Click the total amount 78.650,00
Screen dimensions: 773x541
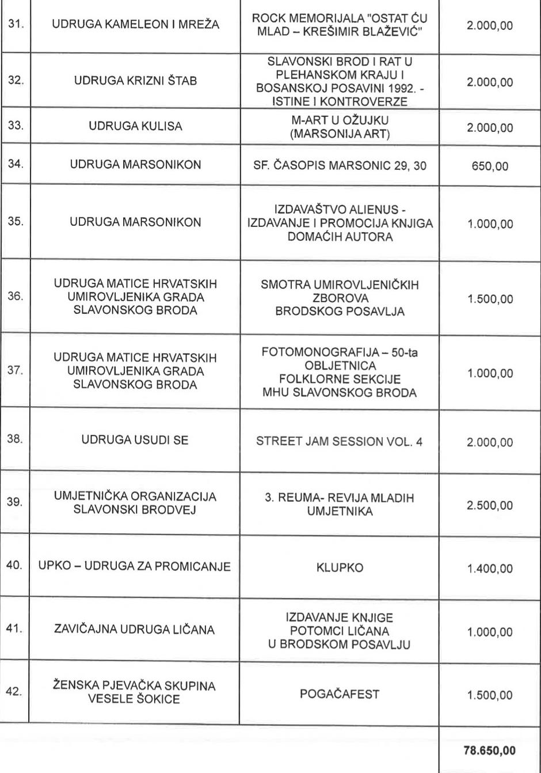coord(489,750)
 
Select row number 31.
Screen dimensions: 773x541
coord(15,26)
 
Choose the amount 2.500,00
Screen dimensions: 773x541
coord(490,505)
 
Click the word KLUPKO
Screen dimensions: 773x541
coord(340,568)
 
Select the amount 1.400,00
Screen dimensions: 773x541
coord(490,569)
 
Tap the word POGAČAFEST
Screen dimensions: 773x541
coord(340,694)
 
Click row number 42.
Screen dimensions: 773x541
coord(15,692)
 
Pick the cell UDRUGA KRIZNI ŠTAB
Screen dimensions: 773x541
coord(135,81)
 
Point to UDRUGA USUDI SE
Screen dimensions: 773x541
coord(135,441)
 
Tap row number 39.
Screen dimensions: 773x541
coord(15,502)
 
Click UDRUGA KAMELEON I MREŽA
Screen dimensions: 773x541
coord(135,26)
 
